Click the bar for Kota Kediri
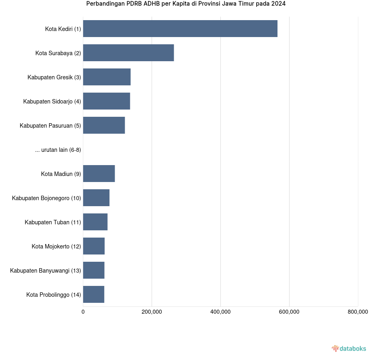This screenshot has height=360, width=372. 180,29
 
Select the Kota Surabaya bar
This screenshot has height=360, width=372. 128,53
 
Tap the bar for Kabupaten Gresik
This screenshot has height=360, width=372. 107,77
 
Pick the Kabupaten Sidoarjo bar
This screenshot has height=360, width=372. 106,101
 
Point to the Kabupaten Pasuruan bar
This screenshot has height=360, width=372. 104,125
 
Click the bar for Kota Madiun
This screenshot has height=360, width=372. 99,174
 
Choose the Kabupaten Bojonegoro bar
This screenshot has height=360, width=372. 96,198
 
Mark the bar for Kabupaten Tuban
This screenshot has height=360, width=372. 95,222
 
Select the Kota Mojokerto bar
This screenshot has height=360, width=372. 94,246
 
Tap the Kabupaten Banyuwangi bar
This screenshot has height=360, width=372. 94,270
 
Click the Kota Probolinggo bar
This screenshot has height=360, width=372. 93,294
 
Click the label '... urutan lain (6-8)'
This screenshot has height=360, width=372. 58,150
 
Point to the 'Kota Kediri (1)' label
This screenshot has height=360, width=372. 63,29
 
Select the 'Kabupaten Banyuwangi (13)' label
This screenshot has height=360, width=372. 45,271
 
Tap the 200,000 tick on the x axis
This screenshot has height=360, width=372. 152,312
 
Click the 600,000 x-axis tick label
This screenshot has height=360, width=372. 289,312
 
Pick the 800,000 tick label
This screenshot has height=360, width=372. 358,312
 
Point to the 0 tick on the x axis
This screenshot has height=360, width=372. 83,312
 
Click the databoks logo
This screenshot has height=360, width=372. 349,348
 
